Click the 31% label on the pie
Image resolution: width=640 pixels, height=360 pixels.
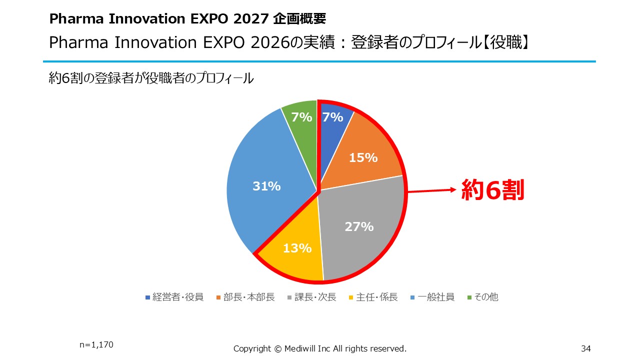(266, 186)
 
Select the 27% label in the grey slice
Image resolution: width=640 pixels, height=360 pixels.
(359, 227)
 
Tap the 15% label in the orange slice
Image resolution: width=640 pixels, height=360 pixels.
(363, 157)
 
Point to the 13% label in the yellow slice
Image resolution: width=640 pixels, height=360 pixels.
(297, 248)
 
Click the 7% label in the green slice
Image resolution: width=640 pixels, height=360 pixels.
(301, 117)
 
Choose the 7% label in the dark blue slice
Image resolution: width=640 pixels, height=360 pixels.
(333, 117)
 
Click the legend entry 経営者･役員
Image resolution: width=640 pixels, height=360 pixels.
(174, 297)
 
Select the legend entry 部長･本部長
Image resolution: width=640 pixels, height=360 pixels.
(245, 297)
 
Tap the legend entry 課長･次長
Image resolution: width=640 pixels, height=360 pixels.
(311, 297)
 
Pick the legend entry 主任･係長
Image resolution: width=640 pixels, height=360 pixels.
(373, 297)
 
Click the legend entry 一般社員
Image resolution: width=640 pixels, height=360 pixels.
(432, 297)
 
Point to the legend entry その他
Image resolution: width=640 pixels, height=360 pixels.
(483, 297)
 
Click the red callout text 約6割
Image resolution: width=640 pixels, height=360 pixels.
(493, 190)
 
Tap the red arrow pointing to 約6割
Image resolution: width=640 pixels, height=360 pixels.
(431, 190)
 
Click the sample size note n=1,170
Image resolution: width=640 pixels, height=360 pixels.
(96, 345)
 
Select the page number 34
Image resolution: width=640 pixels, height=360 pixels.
(586, 348)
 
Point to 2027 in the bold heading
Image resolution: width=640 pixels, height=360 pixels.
(251, 19)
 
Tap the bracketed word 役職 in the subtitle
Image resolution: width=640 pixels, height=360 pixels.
(506, 42)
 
